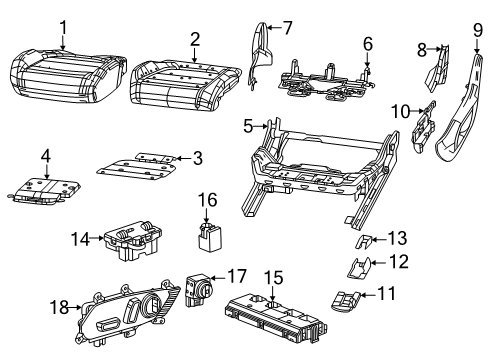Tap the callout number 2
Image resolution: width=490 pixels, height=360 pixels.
194,39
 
